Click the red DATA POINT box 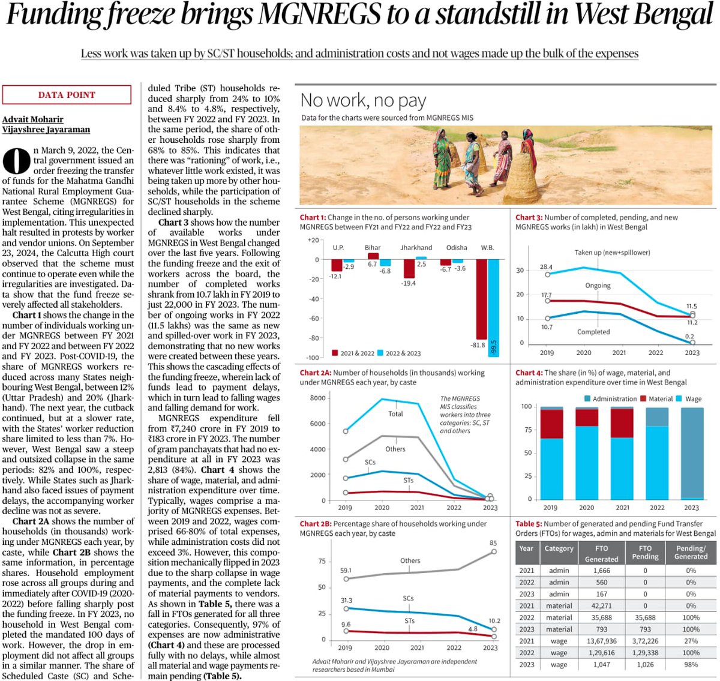tap(67, 95)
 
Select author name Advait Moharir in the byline tap(32, 119)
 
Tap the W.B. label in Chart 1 tap(487, 247)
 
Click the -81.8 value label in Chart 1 tap(478, 345)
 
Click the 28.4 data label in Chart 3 tap(546, 267)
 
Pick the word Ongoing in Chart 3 tap(598, 286)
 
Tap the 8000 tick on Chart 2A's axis tap(317, 398)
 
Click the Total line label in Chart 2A tap(395, 414)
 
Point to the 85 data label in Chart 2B tap(493, 543)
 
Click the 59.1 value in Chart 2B tap(346, 571)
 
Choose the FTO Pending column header tap(645, 552)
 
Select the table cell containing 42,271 tap(601, 606)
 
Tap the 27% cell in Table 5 tap(691, 641)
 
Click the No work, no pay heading tap(363, 100)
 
